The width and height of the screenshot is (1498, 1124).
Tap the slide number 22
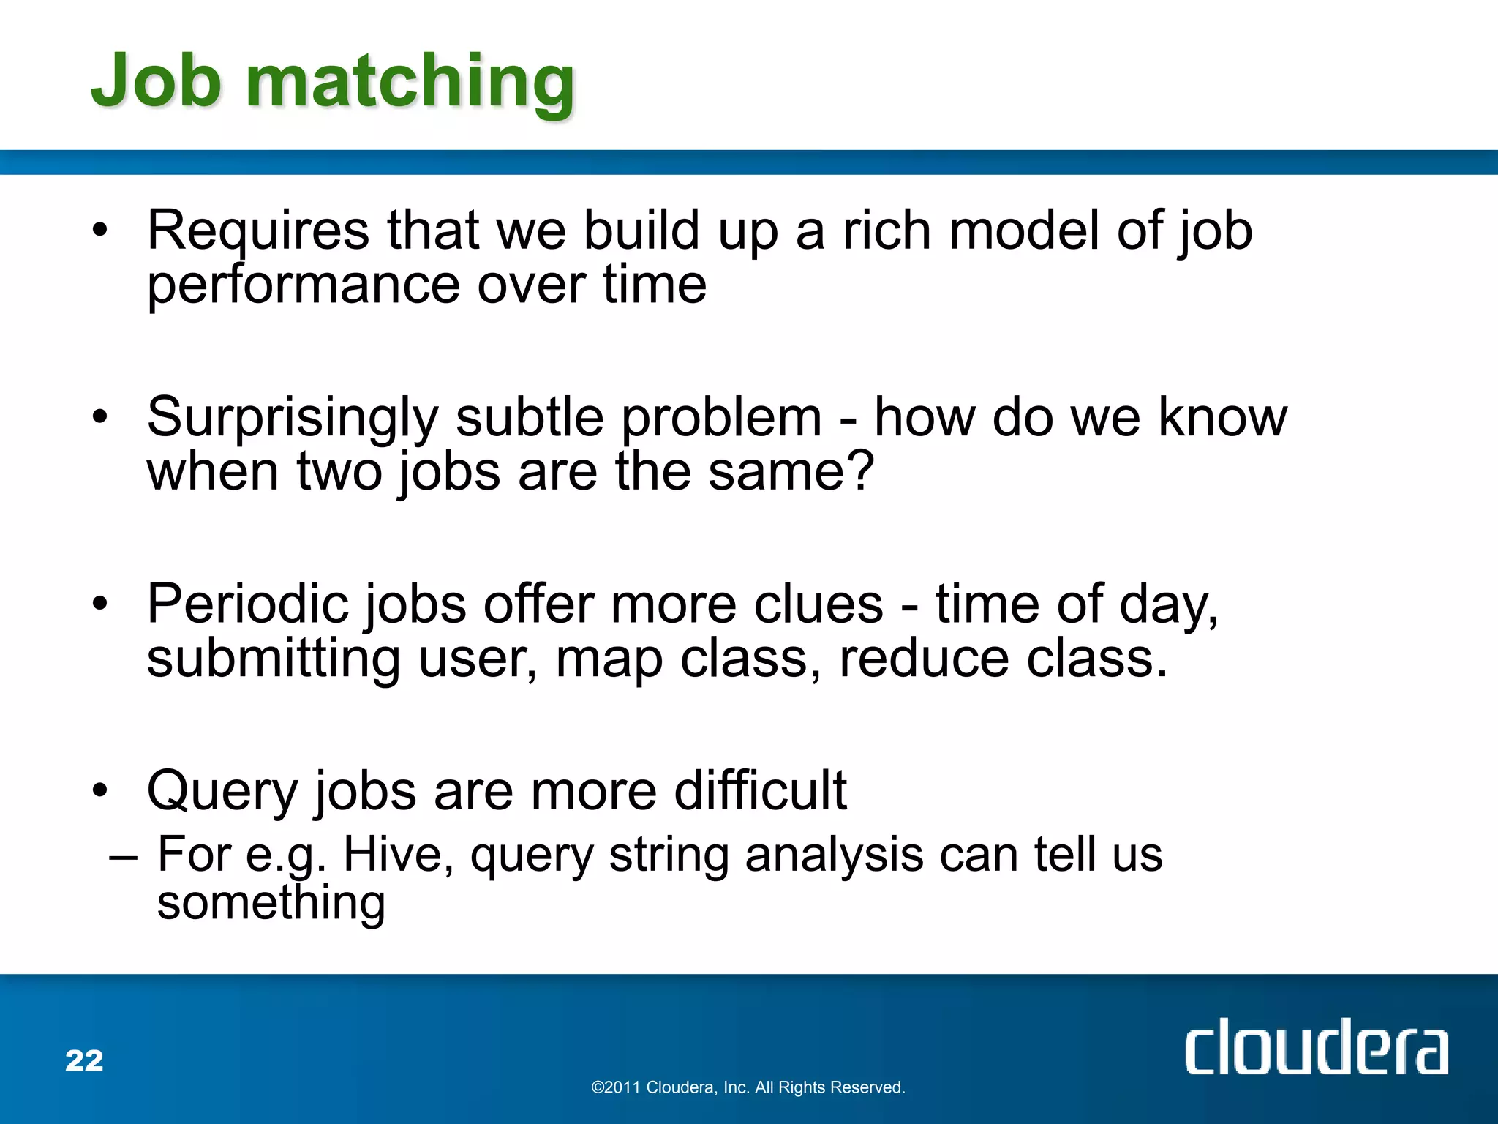[x=84, y=1060]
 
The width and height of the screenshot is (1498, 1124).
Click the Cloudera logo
[x=1316, y=1048]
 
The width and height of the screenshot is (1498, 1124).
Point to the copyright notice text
[x=748, y=1087]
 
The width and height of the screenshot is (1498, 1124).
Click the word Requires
[x=258, y=231]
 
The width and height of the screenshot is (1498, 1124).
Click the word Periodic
[x=246, y=604]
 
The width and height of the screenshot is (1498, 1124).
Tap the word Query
[x=223, y=792]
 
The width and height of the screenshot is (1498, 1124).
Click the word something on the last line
[x=271, y=904]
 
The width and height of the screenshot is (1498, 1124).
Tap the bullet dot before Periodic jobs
[x=100, y=604]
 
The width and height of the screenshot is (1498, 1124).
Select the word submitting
[x=274, y=659]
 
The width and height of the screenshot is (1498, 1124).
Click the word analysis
[x=834, y=854]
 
